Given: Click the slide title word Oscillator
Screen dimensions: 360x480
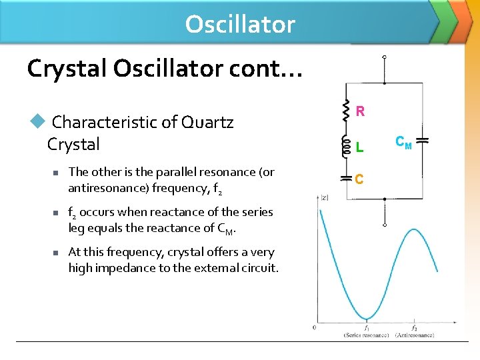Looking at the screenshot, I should click(240, 24).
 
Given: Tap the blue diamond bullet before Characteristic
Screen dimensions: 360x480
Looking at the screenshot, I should click(37, 121).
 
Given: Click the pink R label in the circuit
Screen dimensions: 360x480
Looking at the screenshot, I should click(360, 112).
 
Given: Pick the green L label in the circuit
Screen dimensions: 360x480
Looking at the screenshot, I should click(359, 145).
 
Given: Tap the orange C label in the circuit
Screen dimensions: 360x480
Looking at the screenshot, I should click(359, 179).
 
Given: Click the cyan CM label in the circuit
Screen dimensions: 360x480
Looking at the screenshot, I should click(403, 141).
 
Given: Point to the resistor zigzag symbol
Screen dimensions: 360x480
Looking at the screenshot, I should click(346, 111).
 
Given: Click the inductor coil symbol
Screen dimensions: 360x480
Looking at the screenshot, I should click(345, 146).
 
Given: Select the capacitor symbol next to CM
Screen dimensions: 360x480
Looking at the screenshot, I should click(422, 141).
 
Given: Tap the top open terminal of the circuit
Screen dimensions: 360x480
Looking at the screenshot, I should click(383, 58).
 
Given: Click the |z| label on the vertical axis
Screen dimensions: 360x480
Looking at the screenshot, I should click(325, 197).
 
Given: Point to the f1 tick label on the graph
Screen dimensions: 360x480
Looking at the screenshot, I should click(367, 327).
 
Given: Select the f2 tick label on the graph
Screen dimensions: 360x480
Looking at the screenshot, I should click(414, 327).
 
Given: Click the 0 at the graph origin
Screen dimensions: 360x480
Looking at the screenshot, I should click(315, 327).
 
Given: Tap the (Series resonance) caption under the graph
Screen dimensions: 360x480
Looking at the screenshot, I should click(366, 335).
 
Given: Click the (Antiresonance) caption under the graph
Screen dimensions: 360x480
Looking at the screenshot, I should click(414, 335).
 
